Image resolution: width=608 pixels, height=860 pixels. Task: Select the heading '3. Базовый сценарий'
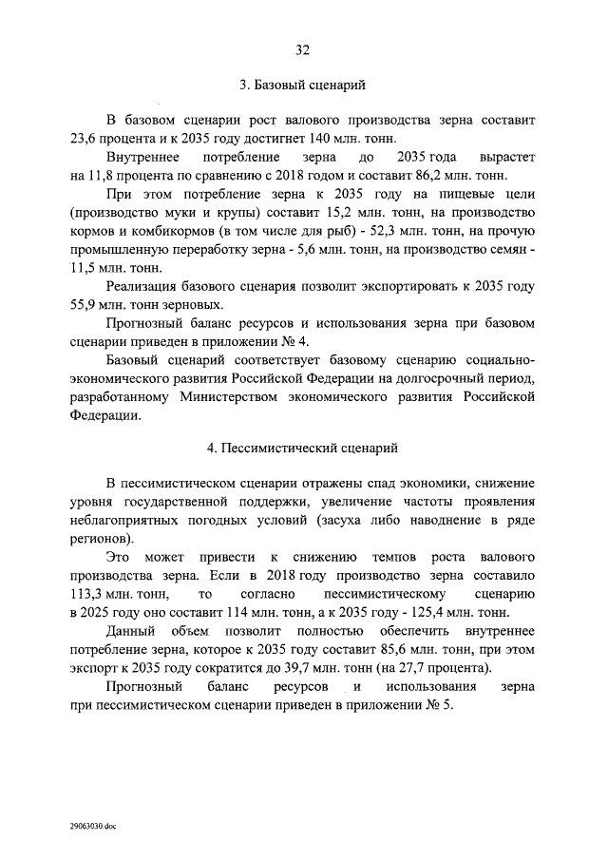pyautogui.click(x=303, y=86)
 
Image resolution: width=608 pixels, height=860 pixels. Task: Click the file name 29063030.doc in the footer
pyautogui.click(x=91, y=827)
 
